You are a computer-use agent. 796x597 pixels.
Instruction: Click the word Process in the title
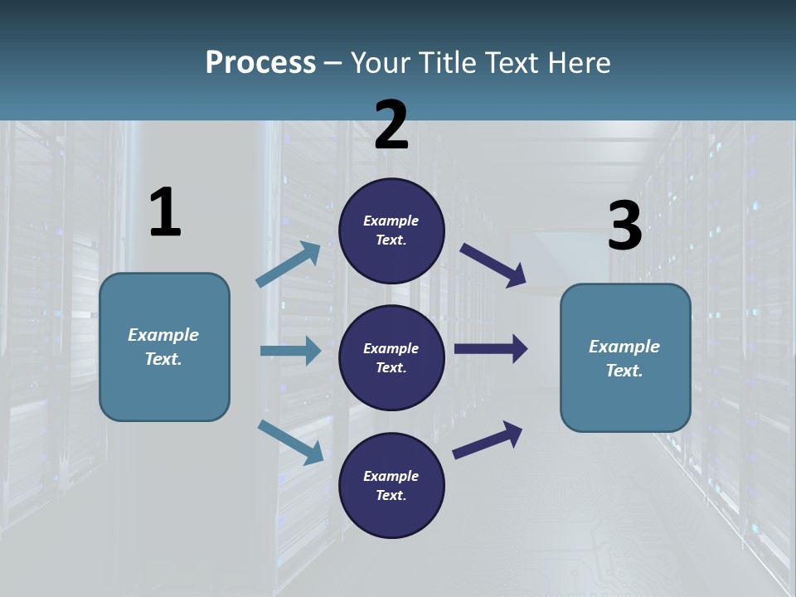(260, 63)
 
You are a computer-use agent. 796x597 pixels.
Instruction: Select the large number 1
(165, 213)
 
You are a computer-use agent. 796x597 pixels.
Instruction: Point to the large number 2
(391, 125)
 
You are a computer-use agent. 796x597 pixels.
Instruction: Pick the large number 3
(624, 226)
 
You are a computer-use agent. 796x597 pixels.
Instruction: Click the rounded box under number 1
(164, 347)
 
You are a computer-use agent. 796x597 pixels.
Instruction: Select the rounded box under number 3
(625, 358)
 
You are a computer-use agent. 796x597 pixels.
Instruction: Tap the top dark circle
(391, 231)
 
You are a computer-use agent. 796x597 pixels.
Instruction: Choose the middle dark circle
(391, 358)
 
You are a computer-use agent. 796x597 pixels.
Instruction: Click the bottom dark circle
(391, 486)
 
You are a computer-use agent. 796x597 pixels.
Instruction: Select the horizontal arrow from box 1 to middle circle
(290, 351)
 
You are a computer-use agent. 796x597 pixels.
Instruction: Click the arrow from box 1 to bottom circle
(290, 442)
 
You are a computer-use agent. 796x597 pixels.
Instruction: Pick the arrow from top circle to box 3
(493, 265)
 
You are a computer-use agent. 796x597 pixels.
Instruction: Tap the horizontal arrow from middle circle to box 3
(491, 349)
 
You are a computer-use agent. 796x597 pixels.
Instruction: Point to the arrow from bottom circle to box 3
(488, 440)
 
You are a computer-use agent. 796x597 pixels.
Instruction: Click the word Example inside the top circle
(391, 221)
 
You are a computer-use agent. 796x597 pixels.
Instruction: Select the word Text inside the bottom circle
(390, 496)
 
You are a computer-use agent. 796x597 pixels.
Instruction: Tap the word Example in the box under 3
(624, 347)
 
